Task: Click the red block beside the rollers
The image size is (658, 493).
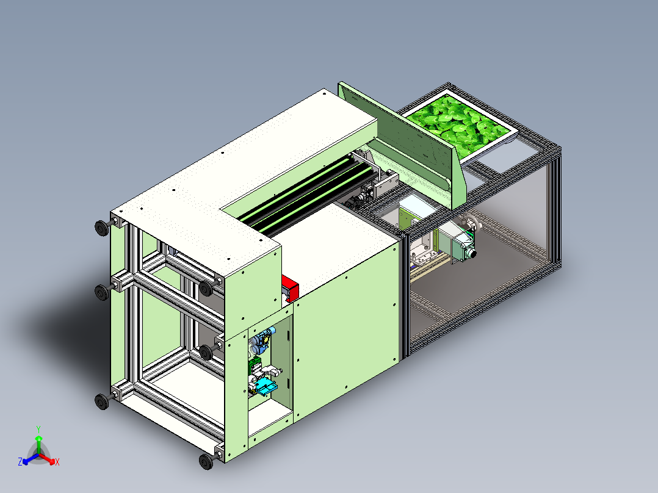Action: (289, 288)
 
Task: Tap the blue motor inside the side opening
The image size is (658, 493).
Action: (262, 340)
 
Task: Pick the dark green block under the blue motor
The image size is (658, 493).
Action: (253, 365)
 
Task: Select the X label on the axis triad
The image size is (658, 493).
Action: (57, 462)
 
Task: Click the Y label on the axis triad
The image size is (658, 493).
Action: (38, 428)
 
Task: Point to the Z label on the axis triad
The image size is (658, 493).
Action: (20, 462)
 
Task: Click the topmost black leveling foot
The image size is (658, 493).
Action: (101, 228)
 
